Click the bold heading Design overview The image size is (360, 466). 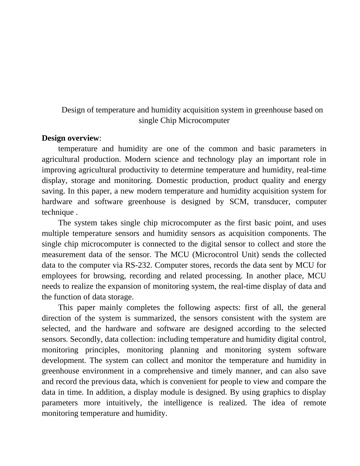point(70,138)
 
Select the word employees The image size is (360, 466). point(59,276)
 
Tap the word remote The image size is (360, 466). point(315,403)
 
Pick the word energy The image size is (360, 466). point(316,180)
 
